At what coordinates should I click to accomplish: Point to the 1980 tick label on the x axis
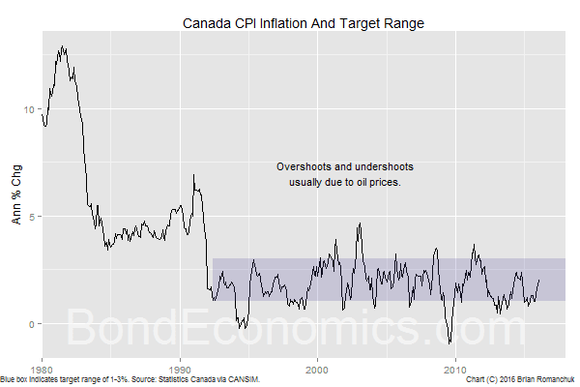[x=43, y=369]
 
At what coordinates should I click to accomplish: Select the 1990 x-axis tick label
[x=180, y=369]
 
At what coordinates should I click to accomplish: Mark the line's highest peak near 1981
[x=63, y=45]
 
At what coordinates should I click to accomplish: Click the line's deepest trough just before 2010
[x=449, y=342]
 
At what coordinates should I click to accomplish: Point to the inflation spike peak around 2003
[x=360, y=223]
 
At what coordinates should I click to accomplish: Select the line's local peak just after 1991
[x=194, y=175]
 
